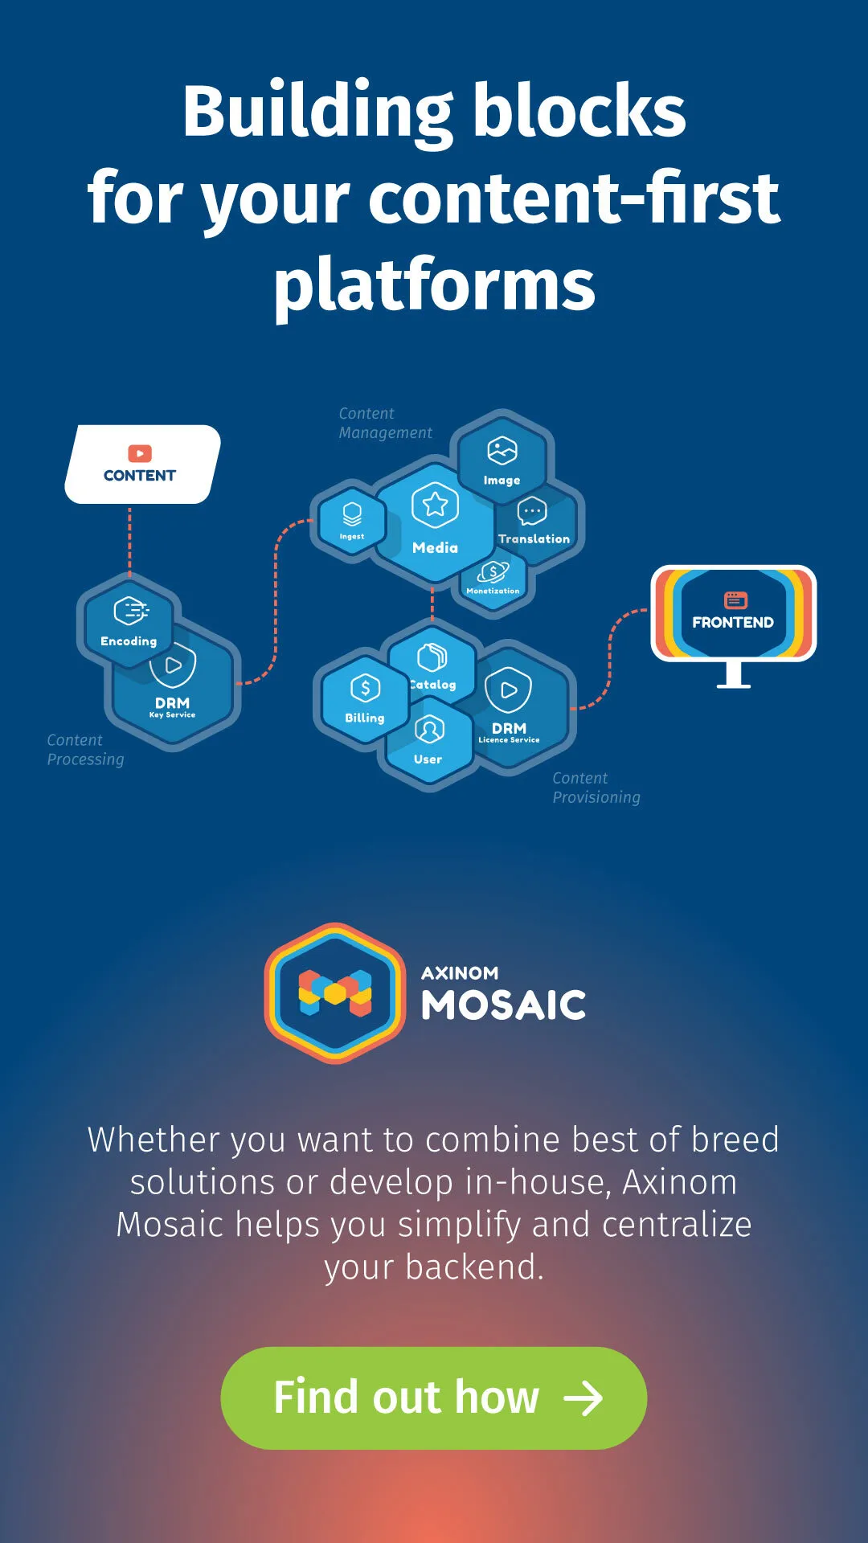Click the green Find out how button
[x=434, y=1398]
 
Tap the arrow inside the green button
[x=583, y=1398]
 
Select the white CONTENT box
[x=142, y=465]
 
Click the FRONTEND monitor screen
[x=733, y=612]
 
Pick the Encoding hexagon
[x=129, y=621]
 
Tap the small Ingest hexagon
[x=351, y=522]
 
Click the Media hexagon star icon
[x=435, y=505]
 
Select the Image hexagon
[x=502, y=459]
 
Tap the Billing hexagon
[x=365, y=698]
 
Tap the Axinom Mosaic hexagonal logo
[x=335, y=993]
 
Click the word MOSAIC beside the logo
[x=504, y=1005]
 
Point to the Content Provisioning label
[x=596, y=788]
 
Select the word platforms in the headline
[x=434, y=286]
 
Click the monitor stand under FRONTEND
[x=734, y=674]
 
